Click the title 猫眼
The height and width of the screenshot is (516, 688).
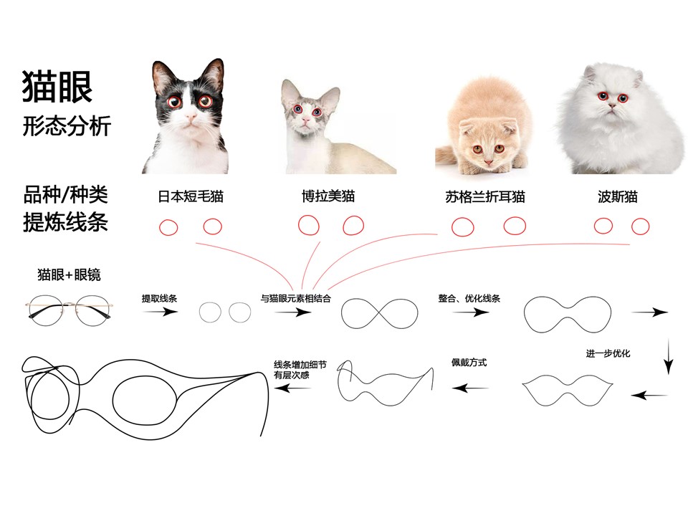(57, 87)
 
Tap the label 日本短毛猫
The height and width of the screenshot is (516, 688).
(191, 196)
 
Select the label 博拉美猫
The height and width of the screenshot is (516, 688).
(328, 196)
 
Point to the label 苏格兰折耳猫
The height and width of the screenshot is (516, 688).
(485, 196)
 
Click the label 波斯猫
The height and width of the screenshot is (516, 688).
(617, 196)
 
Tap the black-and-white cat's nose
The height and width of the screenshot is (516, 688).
(191, 117)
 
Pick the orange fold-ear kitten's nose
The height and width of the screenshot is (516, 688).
(488, 163)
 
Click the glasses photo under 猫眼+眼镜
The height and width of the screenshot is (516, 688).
(69, 310)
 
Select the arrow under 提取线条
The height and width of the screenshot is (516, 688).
(160, 312)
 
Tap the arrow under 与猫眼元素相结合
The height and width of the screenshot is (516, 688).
(293, 312)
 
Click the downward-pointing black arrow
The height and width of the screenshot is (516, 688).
(668, 356)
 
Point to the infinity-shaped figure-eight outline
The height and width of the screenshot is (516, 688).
(380, 314)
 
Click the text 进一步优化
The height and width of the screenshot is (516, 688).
(608, 353)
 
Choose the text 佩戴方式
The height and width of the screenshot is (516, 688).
(469, 363)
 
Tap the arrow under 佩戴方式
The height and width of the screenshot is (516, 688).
(470, 388)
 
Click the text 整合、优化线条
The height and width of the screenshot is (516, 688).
(469, 298)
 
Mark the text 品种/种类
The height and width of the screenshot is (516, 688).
(65, 194)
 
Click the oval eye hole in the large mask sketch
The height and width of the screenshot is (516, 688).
(145, 401)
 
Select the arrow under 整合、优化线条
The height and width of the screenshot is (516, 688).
(471, 312)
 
